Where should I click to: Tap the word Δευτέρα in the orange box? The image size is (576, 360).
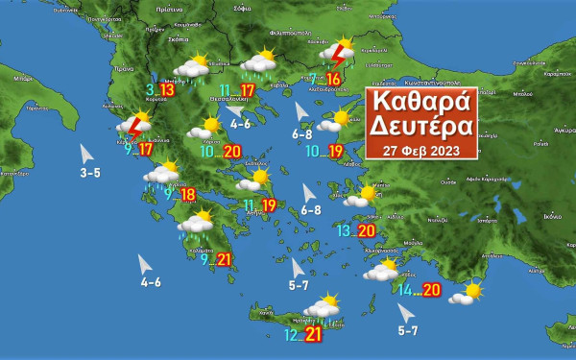[419, 127]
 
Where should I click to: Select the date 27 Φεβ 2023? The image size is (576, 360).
[420, 150]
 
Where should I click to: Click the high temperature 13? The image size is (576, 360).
[166, 90]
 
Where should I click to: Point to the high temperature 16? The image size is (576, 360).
[334, 80]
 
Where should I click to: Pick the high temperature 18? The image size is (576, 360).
[188, 195]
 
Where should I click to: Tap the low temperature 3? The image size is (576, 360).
[150, 90]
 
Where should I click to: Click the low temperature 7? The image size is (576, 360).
[313, 80]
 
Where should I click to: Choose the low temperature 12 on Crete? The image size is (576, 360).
[292, 335]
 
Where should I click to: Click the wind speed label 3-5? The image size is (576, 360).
[90, 174]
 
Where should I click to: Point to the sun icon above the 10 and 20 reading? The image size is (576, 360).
[210, 126]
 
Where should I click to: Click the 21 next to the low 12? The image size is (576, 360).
[314, 335]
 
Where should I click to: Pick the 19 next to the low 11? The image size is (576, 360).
[268, 205]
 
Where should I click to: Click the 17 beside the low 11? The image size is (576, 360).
[248, 91]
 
